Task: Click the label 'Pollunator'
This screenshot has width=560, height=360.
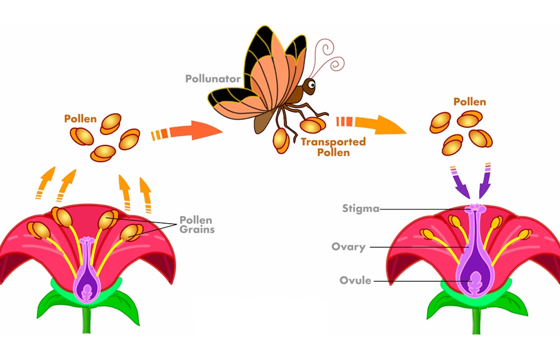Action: click(x=212, y=79)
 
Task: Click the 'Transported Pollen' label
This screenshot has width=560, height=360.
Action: click(x=333, y=147)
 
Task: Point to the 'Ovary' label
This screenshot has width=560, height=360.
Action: click(x=348, y=246)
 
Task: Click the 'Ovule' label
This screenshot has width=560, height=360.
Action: click(x=355, y=280)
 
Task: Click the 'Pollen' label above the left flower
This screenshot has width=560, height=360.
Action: click(x=80, y=119)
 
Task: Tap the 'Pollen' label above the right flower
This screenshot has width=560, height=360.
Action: click(x=469, y=102)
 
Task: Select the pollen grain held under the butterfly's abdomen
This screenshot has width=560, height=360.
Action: click(x=281, y=140)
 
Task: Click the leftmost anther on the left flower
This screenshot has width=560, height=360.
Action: click(x=39, y=230)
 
